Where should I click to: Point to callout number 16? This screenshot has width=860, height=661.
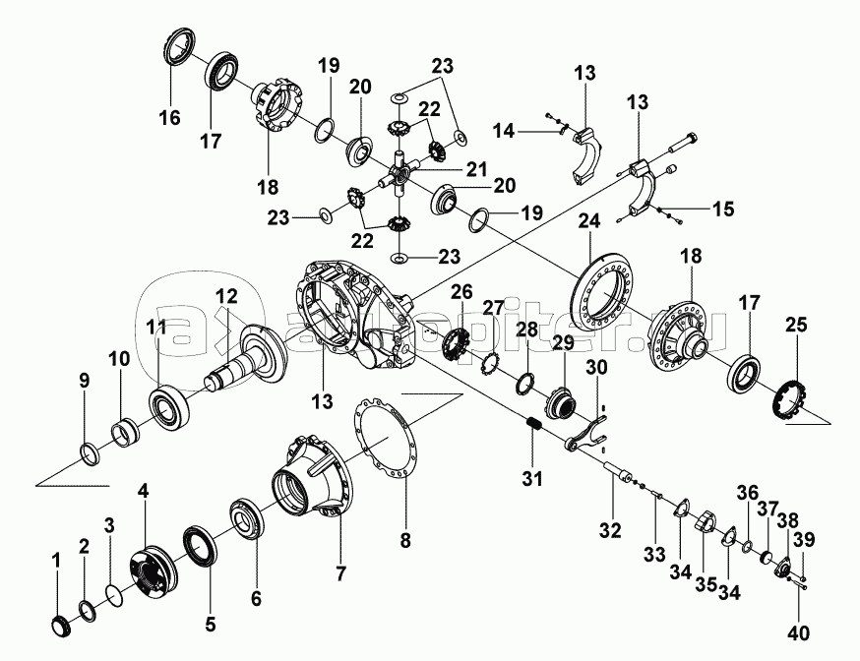pos(169,117)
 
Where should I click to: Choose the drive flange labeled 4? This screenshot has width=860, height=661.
pos(152,570)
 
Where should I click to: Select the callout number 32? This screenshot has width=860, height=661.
pos(610,532)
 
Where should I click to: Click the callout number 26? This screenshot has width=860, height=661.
pos(462,291)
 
